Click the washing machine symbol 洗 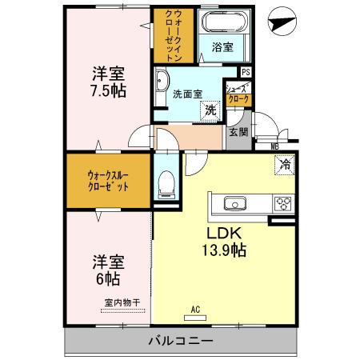point(210,110)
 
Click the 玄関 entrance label point(238,132)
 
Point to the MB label point(274,146)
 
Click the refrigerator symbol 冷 point(284,166)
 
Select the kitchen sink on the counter point(237,203)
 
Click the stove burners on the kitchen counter point(282,203)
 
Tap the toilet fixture point(166,185)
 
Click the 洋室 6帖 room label point(106,270)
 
